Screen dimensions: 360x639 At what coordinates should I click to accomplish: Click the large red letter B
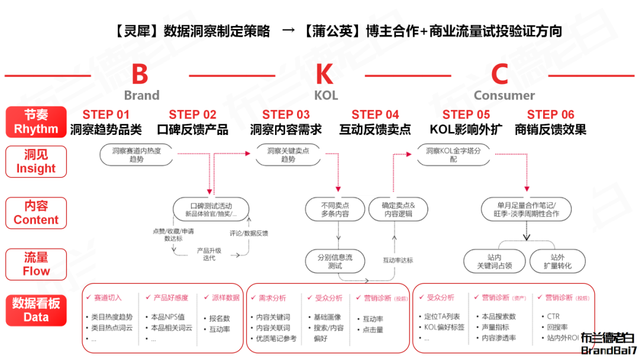click(x=140, y=75)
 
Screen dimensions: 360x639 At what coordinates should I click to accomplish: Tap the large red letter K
click(x=325, y=75)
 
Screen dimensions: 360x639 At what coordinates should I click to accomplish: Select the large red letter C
click(x=500, y=75)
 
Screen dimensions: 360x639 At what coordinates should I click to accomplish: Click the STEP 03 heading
click(x=286, y=115)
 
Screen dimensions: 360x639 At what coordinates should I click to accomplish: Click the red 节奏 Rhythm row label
click(x=36, y=122)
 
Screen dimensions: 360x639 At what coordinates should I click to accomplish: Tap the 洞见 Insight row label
click(x=36, y=162)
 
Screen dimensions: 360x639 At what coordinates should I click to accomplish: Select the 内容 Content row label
click(x=36, y=213)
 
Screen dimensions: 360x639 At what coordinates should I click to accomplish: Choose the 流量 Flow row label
click(x=36, y=264)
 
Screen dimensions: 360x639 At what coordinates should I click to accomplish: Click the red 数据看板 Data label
click(x=36, y=310)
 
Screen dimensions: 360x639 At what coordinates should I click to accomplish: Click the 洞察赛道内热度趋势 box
click(x=137, y=155)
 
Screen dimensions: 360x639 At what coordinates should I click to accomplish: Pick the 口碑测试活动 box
click(x=211, y=208)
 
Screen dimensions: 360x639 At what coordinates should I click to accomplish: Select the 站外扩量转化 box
click(x=557, y=261)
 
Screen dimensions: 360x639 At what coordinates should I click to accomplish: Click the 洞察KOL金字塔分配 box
click(x=453, y=155)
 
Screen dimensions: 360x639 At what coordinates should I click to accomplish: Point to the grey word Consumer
click(x=504, y=95)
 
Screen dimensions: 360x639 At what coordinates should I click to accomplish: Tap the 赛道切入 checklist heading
click(x=108, y=297)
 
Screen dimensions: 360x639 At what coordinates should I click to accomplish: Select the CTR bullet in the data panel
click(x=553, y=316)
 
